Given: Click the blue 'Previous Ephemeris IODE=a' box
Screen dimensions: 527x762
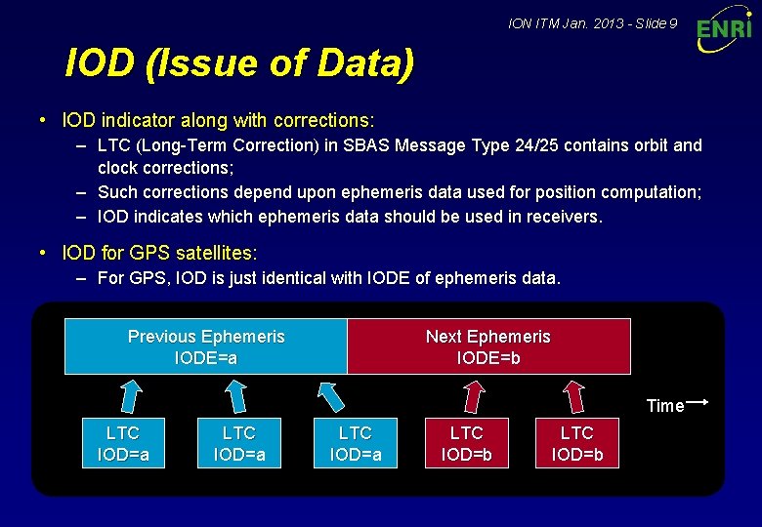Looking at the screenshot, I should coord(206,346).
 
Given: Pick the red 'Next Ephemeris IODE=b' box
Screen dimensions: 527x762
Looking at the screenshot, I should coord(488,346).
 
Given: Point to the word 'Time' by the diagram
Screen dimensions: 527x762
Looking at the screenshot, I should coord(664,406).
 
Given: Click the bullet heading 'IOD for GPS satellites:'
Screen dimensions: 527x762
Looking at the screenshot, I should coord(159,253).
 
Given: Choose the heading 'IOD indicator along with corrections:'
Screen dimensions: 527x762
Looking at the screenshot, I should coord(218,121).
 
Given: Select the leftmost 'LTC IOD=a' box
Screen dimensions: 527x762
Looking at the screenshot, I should coord(123,444).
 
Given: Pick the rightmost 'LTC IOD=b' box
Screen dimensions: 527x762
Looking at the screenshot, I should coord(577,444).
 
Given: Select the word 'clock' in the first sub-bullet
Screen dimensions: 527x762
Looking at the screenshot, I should coord(119,168).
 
